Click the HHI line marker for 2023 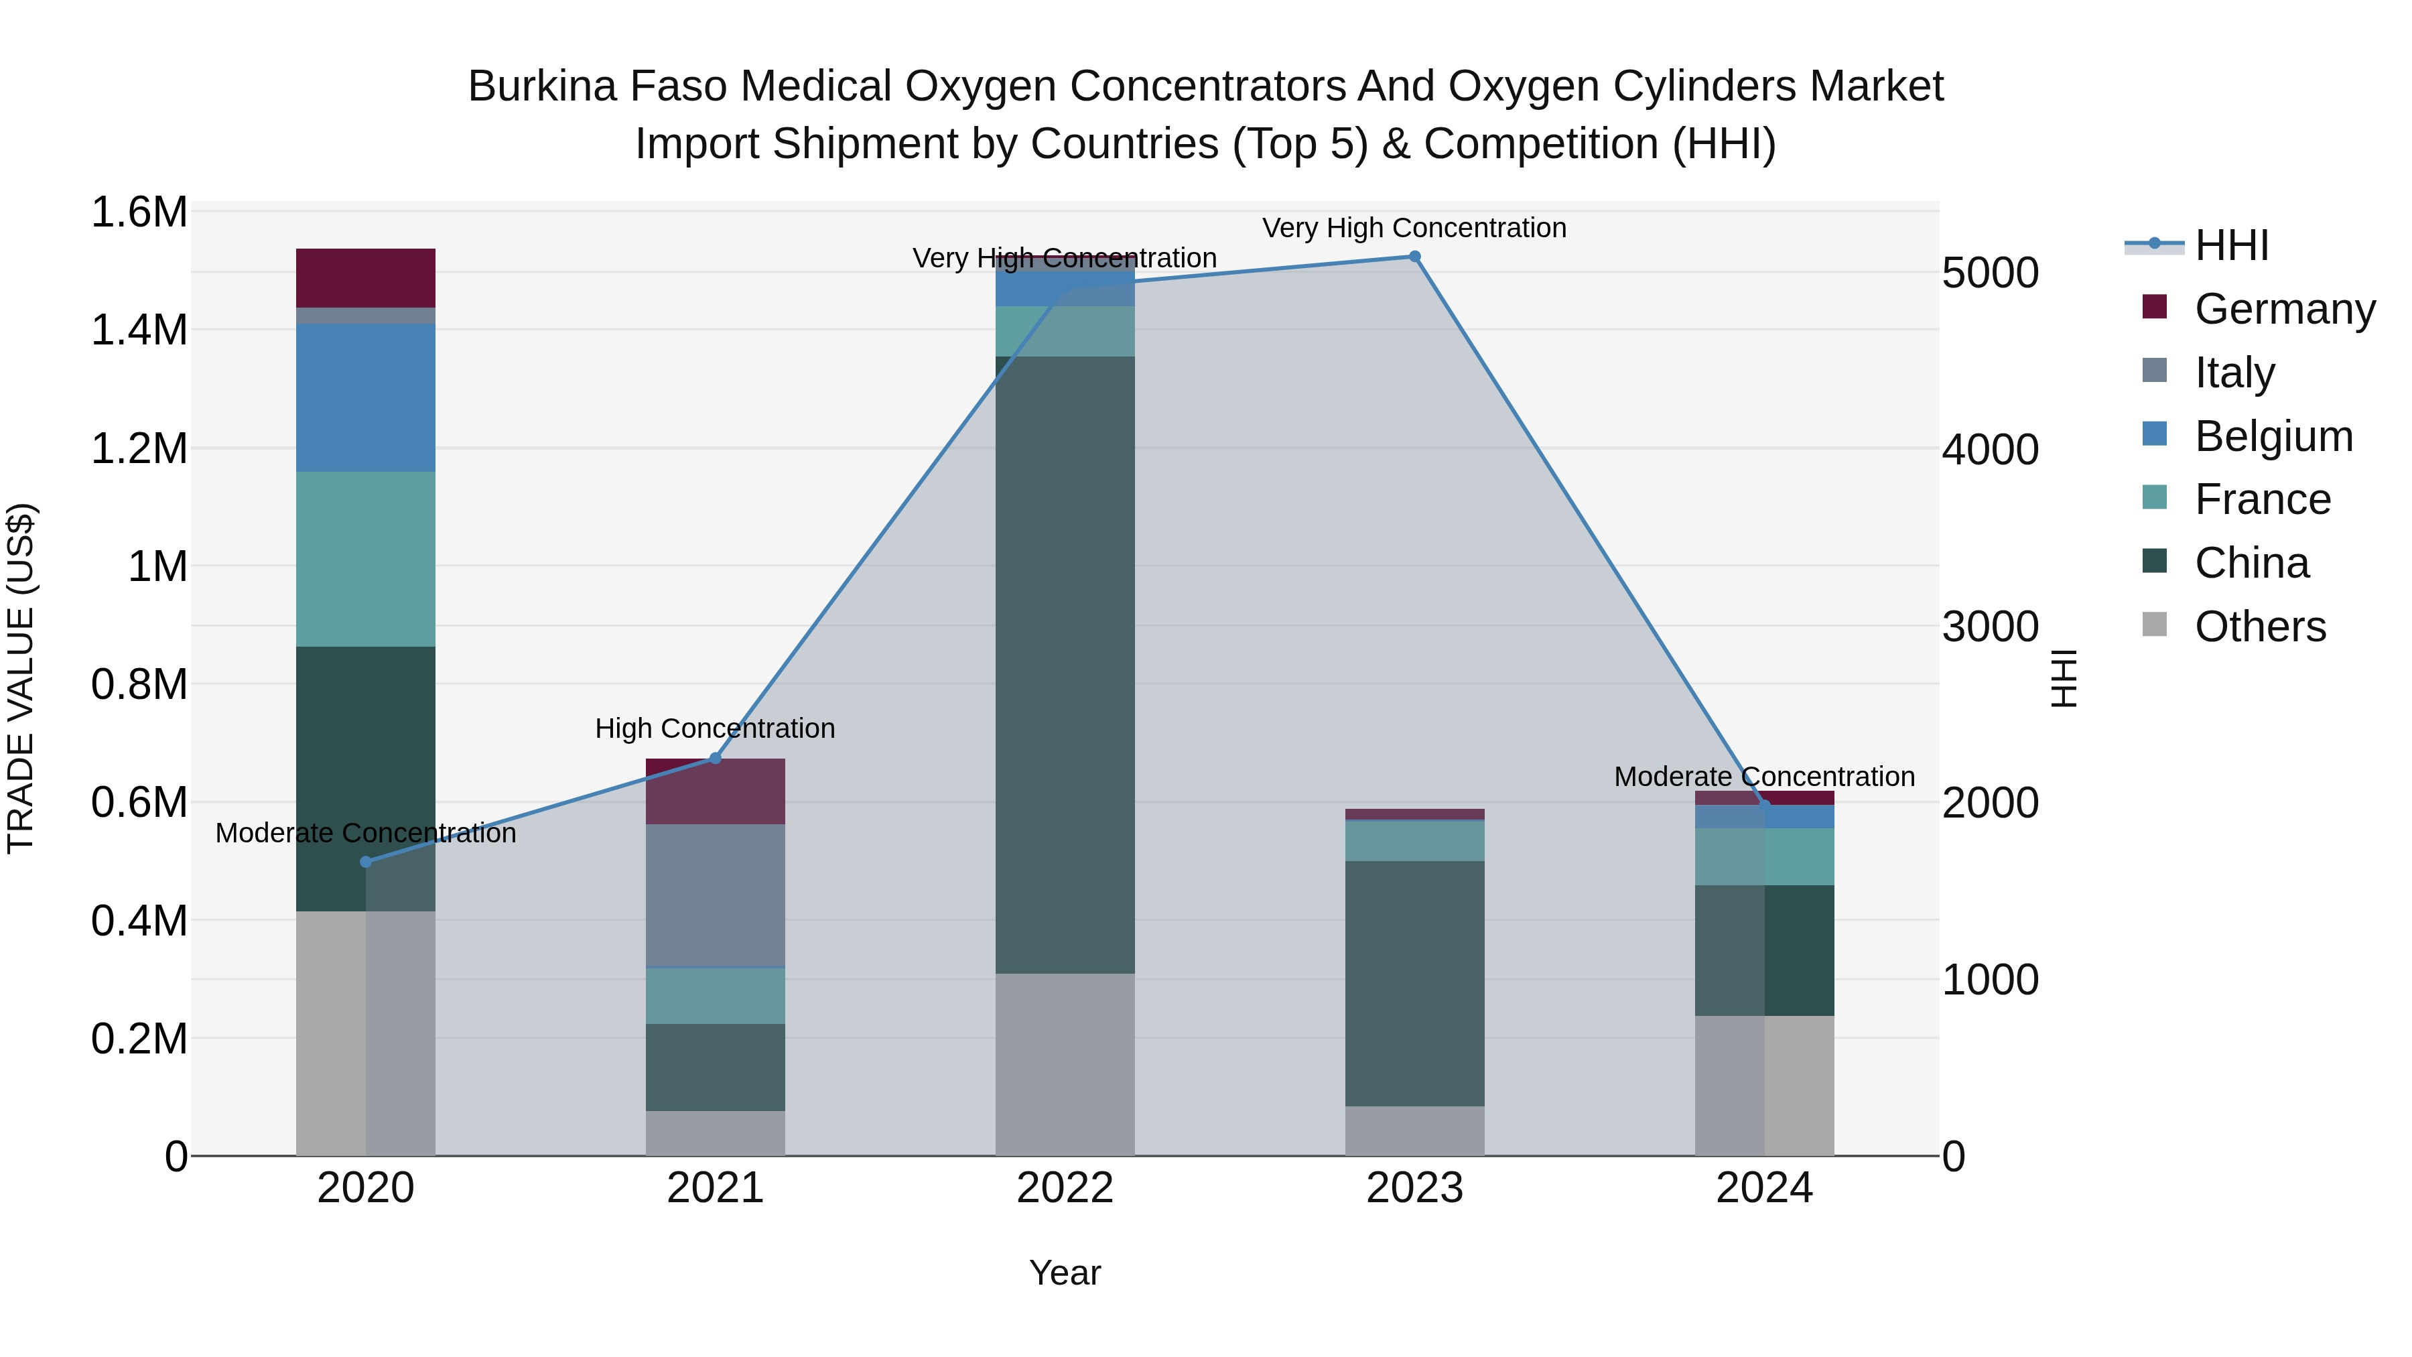pos(1414,257)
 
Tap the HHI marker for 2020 pos(366,862)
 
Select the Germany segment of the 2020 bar pos(366,278)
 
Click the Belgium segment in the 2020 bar pos(366,397)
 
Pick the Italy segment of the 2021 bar pos(716,895)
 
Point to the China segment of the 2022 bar pos(1065,665)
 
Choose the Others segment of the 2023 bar pos(1414,1130)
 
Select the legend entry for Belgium pos(2273,436)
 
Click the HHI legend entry pos(2230,245)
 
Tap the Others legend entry pos(2259,627)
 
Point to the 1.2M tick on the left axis pos(139,448)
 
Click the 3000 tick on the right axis pos(1990,627)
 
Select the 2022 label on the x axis pos(1065,1188)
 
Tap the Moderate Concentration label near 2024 pos(1764,777)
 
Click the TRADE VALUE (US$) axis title pos(21,678)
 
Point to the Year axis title pos(1065,1273)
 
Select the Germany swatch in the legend pos(2155,307)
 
